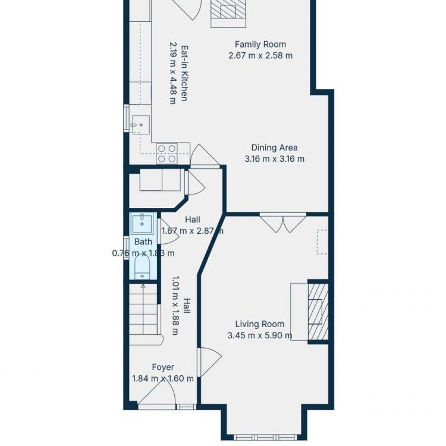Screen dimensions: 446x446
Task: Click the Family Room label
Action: pos(260,45)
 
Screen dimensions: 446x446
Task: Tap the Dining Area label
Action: pos(275,147)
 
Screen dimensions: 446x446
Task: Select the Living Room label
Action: pos(260,324)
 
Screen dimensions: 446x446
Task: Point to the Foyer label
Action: pos(163,368)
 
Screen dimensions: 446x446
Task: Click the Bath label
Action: pos(143,242)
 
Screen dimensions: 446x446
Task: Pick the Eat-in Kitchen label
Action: pos(184,73)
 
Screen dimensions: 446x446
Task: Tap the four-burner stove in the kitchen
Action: pos(167,153)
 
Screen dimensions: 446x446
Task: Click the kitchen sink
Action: pos(140,125)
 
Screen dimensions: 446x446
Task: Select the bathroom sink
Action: pos(142,223)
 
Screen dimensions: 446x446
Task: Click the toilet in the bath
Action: pos(142,268)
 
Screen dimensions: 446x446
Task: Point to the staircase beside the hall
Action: pos(145,315)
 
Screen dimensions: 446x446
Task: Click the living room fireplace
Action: pos(318,312)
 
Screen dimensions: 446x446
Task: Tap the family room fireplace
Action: pos(228,14)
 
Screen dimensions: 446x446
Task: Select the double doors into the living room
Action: pos(282,223)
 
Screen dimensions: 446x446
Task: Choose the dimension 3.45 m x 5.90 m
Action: pos(260,335)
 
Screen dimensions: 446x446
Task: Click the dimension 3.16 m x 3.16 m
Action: pos(275,159)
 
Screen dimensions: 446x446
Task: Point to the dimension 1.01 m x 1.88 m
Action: pos(175,306)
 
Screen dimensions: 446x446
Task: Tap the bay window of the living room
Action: pos(265,436)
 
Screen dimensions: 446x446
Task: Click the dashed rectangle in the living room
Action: pos(322,242)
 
